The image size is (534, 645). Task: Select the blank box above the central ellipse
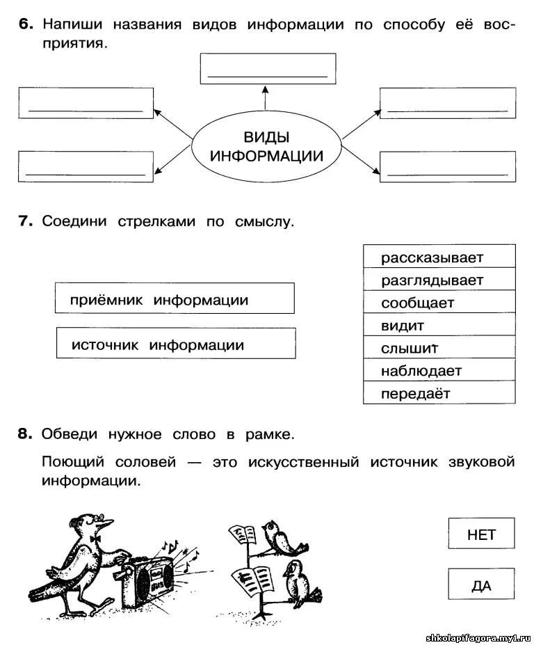[268, 68]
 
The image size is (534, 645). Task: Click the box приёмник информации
[175, 298]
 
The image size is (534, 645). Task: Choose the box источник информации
[175, 343]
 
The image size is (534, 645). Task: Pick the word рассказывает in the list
[439, 257]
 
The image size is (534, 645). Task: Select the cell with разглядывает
[439, 280]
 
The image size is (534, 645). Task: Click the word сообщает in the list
[439, 303]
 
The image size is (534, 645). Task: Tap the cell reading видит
[439, 325]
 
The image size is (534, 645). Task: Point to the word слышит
[439, 348]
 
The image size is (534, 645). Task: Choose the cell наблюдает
[439, 370]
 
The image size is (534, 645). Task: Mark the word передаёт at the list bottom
[439, 393]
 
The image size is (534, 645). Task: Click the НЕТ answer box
[481, 534]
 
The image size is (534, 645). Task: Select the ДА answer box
[481, 585]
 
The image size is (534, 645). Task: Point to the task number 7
[25, 221]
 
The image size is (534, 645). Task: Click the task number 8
[25, 434]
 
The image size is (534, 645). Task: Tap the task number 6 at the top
[25, 24]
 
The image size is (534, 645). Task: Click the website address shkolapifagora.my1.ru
[478, 637]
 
